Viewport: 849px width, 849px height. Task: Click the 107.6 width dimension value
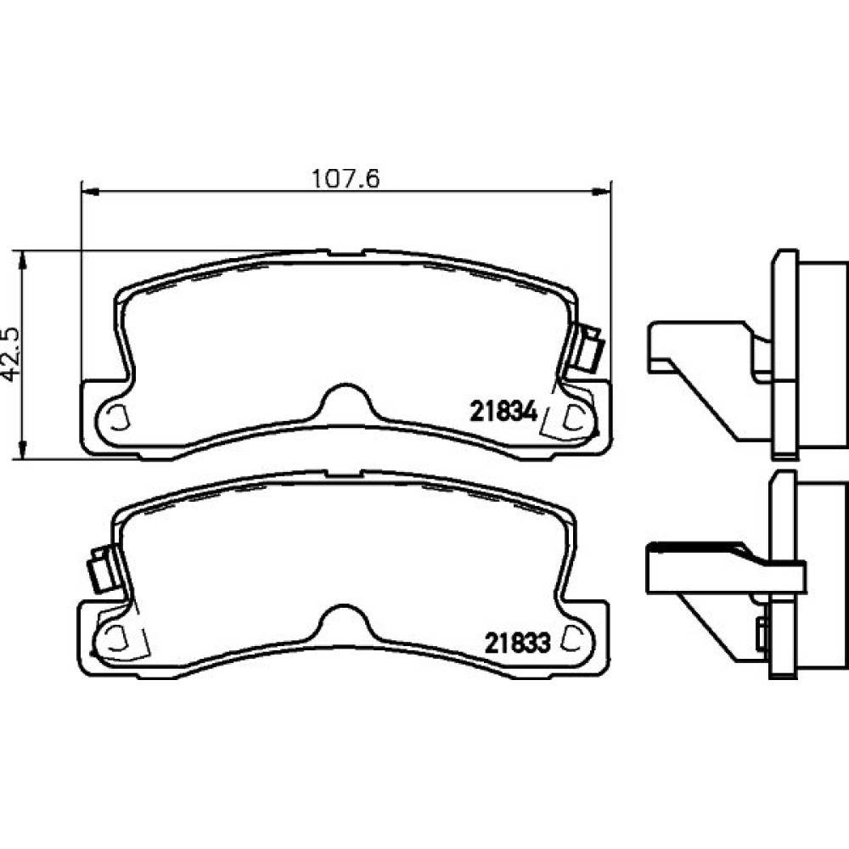pos(346,178)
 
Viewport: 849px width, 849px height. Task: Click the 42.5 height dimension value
pos(12,355)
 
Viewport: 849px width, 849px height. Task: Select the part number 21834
pos(503,412)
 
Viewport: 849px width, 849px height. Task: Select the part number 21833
pos(517,643)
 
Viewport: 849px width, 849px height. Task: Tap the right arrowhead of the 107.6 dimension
pos(601,190)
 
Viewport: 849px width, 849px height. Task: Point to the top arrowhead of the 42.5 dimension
pos(22,261)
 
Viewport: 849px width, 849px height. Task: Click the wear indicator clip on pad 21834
pos(590,349)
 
